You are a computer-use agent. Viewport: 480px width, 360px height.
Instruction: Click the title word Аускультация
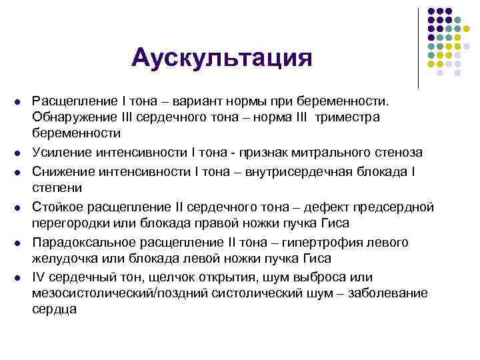click(221, 58)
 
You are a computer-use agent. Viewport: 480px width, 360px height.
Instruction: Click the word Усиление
click(59, 153)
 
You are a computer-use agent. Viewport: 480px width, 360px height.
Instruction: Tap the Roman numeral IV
click(37, 277)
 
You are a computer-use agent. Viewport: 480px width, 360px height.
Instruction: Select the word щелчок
click(188, 277)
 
